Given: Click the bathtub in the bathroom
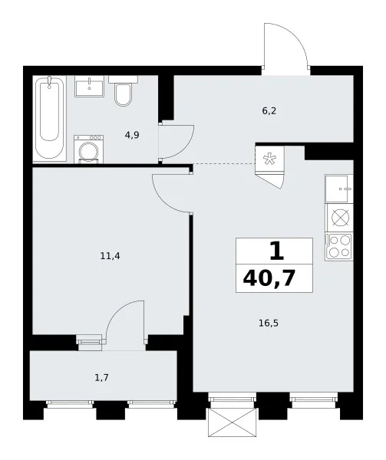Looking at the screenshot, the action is pyautogui.click(x=49, y=118).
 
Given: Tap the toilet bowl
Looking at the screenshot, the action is pyautogui.click(x=123, y=91).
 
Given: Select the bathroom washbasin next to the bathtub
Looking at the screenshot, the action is pyautogui.click(x=89, y=86).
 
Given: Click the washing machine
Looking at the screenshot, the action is pyautogui.click(x=89, y=149).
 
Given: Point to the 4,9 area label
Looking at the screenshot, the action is pyautogui.click(x=132, y=135).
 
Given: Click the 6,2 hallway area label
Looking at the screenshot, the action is pyautogui.click(x=269, y=111).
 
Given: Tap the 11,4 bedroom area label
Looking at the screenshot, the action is pyautogui.click(x=110, y=256).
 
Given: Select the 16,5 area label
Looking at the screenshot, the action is pyautogui.click(x=269, y=324).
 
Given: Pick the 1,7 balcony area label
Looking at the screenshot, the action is pyautogui.click(x=101, y=377).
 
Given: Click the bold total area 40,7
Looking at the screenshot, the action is pyautogui.click(x=269, y=278).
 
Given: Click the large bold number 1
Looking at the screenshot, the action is pyautogui.click(x=277, y=251).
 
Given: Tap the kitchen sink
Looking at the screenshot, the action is pyautogui.click(x=339, y=189).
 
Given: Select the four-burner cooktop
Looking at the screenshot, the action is pyautogui.click(x=339, y=246).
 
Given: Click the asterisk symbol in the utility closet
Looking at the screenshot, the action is pyautogui.click(x=269, y=159).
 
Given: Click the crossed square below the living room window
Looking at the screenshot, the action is pyautogui.click(x=233, y=422).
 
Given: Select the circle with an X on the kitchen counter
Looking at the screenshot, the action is pyautogui.click(x=340, y=218).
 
